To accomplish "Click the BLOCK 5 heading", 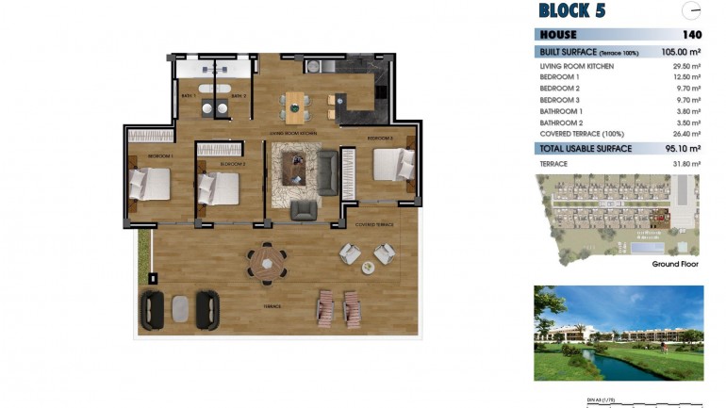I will tap(571, 11).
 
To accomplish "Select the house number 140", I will tap(691, 35).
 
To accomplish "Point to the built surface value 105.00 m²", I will tap(681, 52).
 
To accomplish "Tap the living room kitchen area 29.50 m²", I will tap(686, 67).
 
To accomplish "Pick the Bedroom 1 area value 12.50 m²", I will tap(686, 77).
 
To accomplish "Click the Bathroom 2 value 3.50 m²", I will tap(688, 122).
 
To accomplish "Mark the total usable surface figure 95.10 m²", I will tap(682, 148).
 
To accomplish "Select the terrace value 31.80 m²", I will tap(686, 164).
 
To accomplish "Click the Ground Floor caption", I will tap(675, 265).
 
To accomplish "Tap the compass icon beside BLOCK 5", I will tap(691, 11).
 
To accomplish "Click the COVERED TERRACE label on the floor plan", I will tap(374, 225).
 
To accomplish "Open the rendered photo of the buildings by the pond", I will tap(618, 333).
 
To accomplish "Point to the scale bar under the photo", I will tap(618, 403).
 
